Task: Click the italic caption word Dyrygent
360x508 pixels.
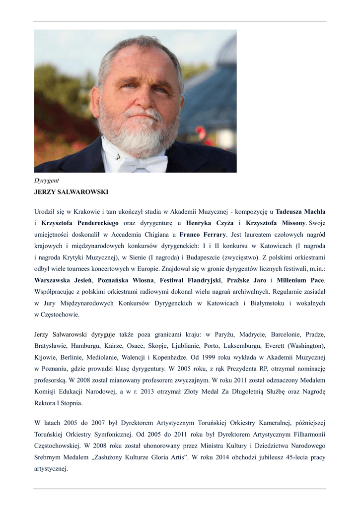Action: tap(47, 181)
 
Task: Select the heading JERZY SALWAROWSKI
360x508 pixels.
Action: tap(71, 191)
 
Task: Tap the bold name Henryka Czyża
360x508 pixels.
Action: tap(210, 223)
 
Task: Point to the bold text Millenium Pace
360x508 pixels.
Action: tap(300, 280)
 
